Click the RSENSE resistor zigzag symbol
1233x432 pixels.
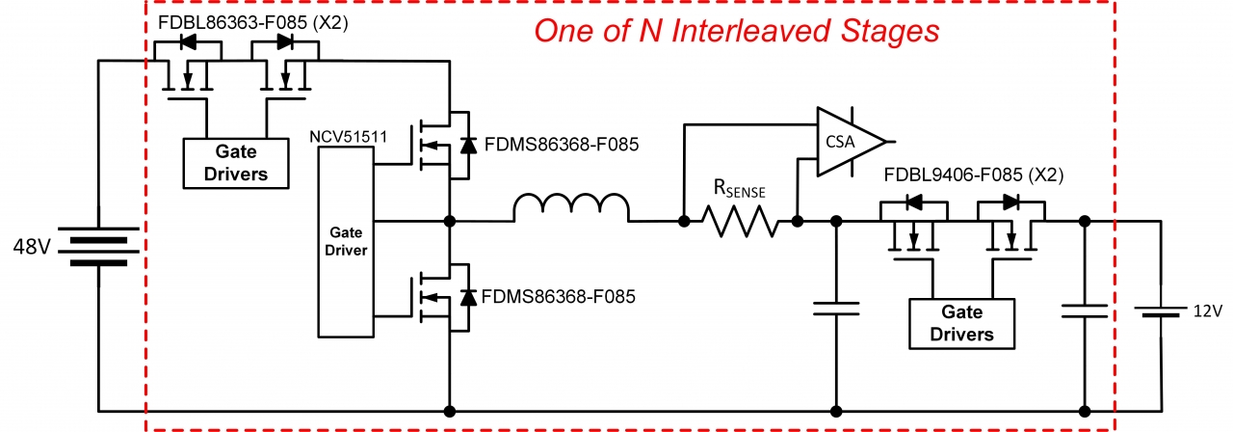(x=740, y=222)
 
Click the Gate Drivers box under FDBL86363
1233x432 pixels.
(x=236, y=162)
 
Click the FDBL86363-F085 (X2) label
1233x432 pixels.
(x=248, y=19)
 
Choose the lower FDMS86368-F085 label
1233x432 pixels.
(x=559, y=297)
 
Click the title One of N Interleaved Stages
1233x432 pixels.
(x=736, y=32)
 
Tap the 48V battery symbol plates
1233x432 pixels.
(x=98, y=245)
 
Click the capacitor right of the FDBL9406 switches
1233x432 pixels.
(x=1086, y=310)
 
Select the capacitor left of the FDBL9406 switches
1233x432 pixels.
(x=835, y=308)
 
